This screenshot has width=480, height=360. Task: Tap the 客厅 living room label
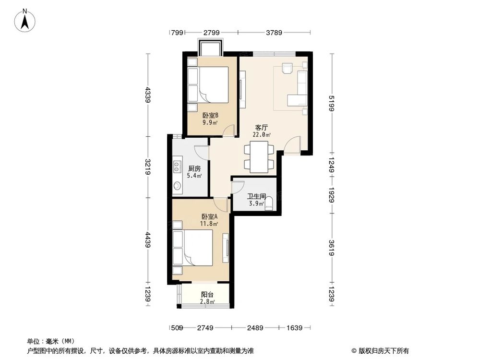[x=261, y=128]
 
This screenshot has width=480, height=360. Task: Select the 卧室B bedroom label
[x=210, y=115]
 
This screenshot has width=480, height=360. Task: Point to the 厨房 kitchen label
[x=194, y=168]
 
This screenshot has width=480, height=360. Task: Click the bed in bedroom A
[x=197, y=247]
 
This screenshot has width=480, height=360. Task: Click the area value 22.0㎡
[x=262, y=135]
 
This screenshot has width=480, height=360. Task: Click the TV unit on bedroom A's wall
[x=227, y=247]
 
